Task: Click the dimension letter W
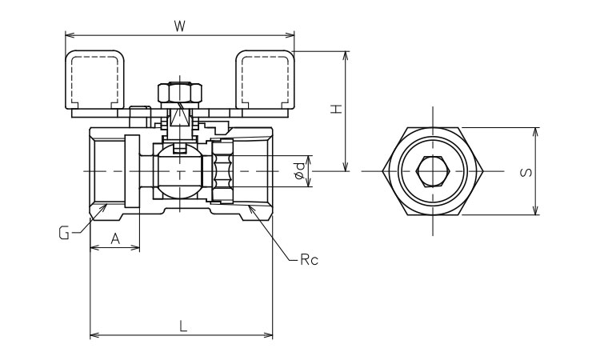180,26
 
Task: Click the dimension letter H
338,110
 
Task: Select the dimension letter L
182,326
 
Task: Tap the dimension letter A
115,238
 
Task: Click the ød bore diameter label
298,170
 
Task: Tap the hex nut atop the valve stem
179,93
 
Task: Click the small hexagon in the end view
433,170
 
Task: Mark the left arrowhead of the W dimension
69,35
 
